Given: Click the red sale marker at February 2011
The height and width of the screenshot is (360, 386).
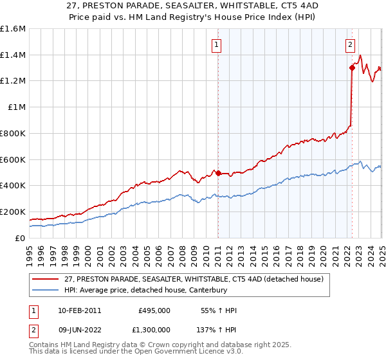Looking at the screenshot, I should point(218,173).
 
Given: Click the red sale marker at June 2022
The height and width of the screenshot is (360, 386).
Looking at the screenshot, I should point(353,67).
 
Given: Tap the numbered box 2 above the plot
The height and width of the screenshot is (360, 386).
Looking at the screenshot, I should point(350,45).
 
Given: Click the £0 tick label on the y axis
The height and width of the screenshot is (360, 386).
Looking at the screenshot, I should point(21,238).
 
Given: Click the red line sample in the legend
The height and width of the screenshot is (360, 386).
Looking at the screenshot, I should point(46,280).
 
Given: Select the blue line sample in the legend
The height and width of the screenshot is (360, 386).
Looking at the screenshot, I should point(46,290).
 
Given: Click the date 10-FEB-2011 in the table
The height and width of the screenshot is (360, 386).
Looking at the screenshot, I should point(79,310).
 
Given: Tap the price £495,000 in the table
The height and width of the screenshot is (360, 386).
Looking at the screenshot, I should point(154,310).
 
